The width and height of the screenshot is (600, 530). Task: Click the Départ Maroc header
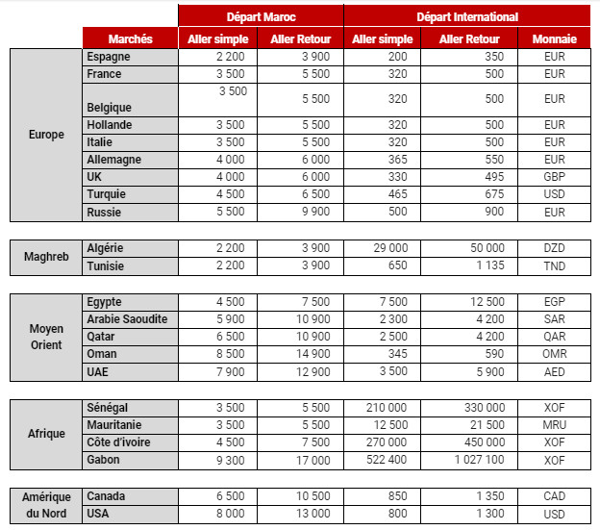click(260, 16)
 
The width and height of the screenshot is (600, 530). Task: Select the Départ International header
click(466, 16)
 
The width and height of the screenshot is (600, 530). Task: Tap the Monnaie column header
click(554, 39)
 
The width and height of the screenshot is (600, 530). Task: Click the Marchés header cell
click(130, 39)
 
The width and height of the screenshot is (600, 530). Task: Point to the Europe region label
click(46, 135)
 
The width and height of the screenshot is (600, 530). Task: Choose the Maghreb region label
click(46, 257)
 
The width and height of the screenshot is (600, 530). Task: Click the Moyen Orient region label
click(46, 337)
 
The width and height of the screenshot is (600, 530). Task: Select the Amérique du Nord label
click(46, 505)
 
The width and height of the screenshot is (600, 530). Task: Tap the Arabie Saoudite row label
click(127, 319)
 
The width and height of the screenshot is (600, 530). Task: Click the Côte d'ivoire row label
click(118, 442)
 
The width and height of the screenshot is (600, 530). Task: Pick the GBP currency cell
click(554, 177)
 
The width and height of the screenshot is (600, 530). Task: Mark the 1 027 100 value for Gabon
click(481, 460)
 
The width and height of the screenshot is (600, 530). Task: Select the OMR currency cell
click(554, 354)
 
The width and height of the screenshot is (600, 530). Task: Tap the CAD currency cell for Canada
click(554, 496)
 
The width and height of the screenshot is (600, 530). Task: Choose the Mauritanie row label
click(115, 425)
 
